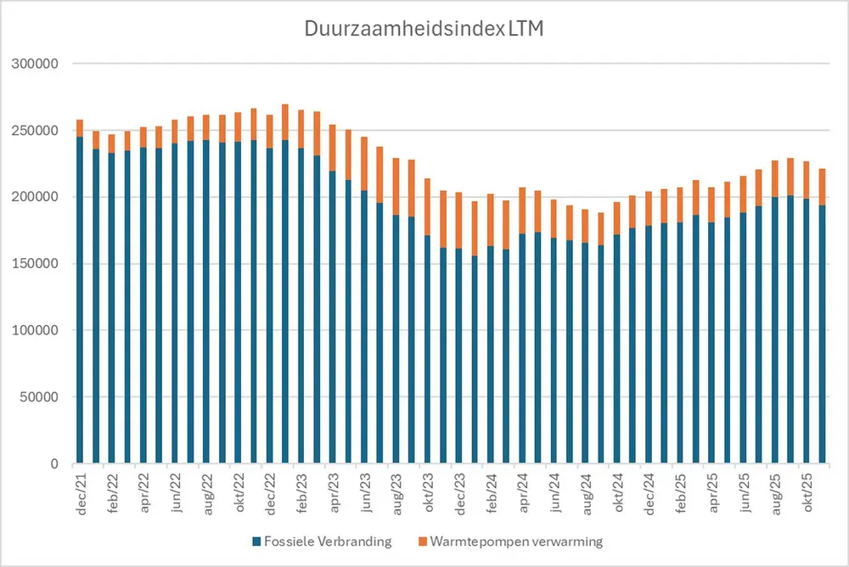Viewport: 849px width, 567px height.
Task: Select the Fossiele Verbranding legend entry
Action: (x=323, y=540)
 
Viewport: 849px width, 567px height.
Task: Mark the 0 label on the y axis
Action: (x=54, y=464)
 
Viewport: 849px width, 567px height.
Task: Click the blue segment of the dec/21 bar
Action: (x=80, y=297)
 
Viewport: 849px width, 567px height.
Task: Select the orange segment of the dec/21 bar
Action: (x=80, y=128)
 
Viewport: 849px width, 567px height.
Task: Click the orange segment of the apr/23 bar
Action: (x=332, y=148)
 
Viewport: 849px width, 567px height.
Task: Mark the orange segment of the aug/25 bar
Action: (x=773, y=178)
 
